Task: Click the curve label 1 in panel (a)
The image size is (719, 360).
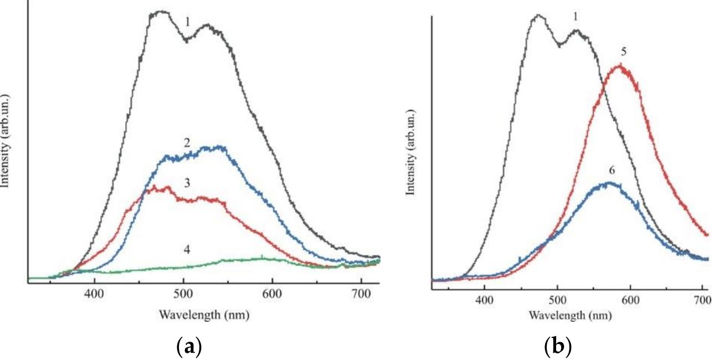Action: pyautogui.click(x=188, y=22)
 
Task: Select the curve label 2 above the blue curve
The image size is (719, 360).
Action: pyautogui.click(x=188, y=142)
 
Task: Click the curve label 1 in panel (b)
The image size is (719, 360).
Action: pyautogui.click(x=575, y=17)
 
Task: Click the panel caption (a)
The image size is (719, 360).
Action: pyautogui.click(x=188, y=347)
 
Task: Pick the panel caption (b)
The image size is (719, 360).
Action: pyautogui.click(x=558, y=347)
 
